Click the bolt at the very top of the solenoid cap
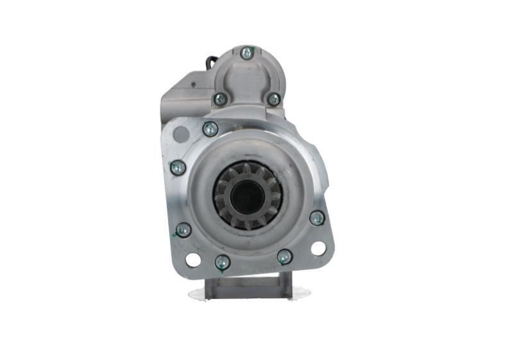tap(248, 53)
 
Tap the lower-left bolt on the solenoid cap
tap(220, 99)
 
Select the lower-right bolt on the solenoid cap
tap(274, 99)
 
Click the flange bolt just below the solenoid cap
tap(210, 129)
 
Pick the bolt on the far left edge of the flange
tap(178, 168)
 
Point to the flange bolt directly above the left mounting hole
tap(183, 230)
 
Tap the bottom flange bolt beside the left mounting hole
tap(223, 262)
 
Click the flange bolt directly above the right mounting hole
tap(317, 218)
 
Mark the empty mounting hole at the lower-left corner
tap(192, 259)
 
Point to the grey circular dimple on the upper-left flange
tap(182, 135)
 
